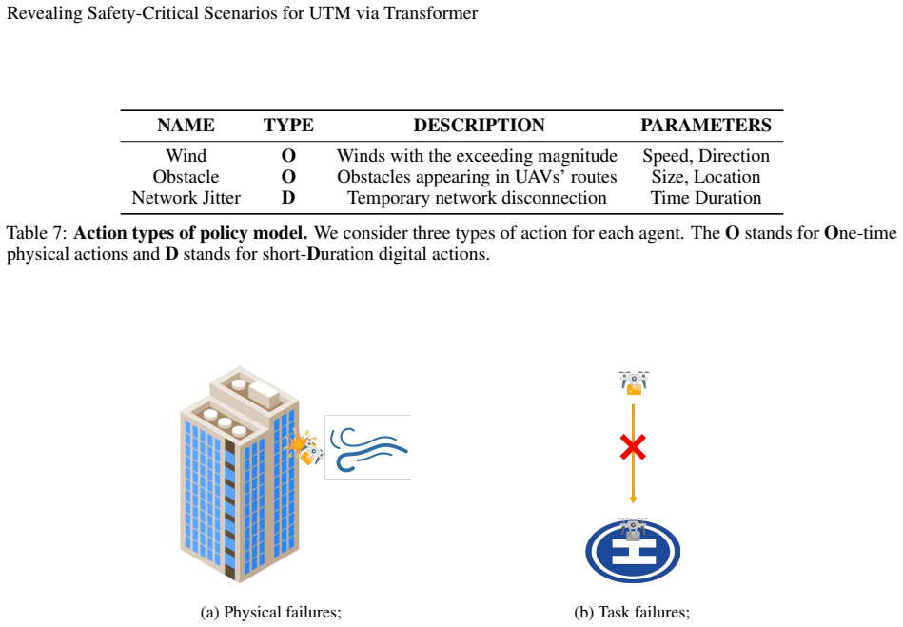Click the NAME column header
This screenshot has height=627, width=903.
pos(186,125)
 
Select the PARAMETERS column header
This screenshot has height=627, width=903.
pos(706,125)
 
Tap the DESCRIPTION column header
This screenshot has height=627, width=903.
pos(480,125)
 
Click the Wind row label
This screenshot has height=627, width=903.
pos(186,156)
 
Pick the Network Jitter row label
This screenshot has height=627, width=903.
pos(186,198)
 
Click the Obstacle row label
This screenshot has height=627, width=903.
pos(186,177)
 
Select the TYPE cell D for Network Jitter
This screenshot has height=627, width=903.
pos(288,198)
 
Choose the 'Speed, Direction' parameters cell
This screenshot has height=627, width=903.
pos(706,156)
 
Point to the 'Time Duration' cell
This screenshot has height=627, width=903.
pos(706,198)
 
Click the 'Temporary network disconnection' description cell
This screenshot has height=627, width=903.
pos(477,198)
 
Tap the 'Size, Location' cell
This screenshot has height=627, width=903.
pos(706,177)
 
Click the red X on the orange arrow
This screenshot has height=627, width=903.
pos(633,447)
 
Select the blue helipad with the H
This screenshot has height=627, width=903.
pos(633,552)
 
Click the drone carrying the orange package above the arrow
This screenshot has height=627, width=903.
pos(634,382)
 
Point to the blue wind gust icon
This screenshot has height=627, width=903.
pos(368,448)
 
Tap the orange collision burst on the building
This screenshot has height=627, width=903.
pos(297,443)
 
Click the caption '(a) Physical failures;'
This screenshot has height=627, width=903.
pos(270,612)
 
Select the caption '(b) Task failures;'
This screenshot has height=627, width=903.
pos(632,612)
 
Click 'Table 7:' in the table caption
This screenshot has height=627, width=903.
pos(37,233)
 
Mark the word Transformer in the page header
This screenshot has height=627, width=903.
pos(431,13)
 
